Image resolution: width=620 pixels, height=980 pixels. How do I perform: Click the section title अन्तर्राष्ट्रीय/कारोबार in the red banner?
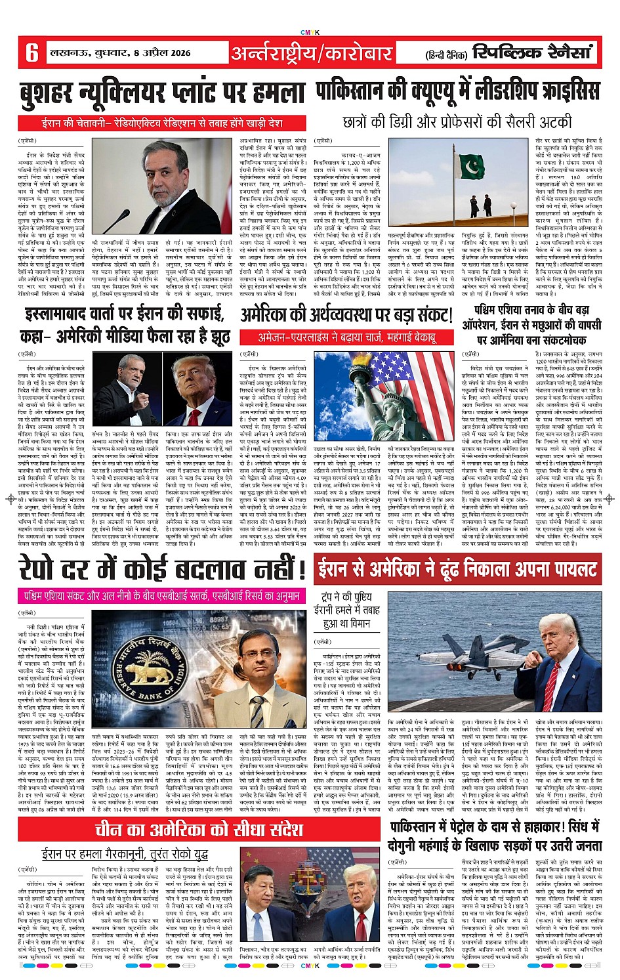[311, 53]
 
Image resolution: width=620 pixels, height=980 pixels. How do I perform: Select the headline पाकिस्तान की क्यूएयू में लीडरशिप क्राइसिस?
[457, 91]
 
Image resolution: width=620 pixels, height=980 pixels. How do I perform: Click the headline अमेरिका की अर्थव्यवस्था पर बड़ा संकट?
[346, 316]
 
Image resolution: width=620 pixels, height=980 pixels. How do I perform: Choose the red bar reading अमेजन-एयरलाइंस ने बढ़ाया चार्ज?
[346, 338]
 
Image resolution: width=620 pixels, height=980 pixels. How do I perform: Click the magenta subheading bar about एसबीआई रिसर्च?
[161, 597]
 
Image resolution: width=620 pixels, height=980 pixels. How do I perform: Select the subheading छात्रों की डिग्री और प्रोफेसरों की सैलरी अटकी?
[457, 122]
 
